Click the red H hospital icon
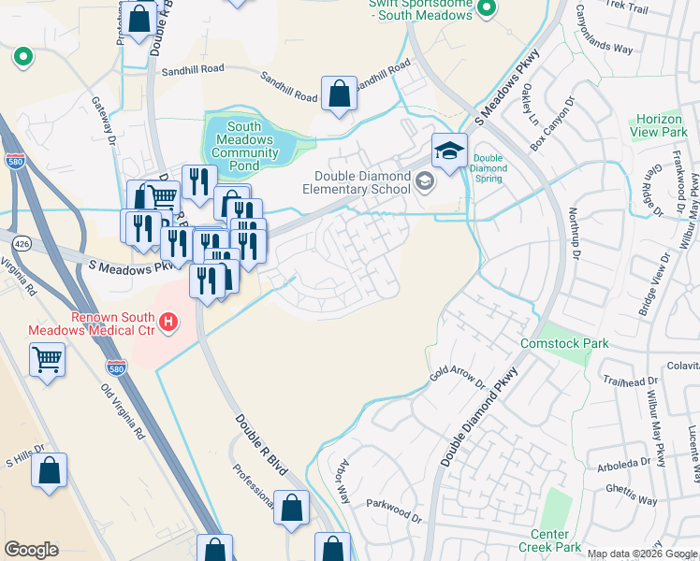[168, 324]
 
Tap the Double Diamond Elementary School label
[362, 182]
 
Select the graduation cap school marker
[449, 151]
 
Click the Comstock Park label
[564, 343]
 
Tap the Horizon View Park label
[660, 126]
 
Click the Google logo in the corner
[32, 550]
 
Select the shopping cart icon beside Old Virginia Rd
[48, 359]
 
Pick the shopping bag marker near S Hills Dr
[50, 470]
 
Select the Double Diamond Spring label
[489, 168]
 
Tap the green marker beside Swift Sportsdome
[486, 9]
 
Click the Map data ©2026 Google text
[642, 554]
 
